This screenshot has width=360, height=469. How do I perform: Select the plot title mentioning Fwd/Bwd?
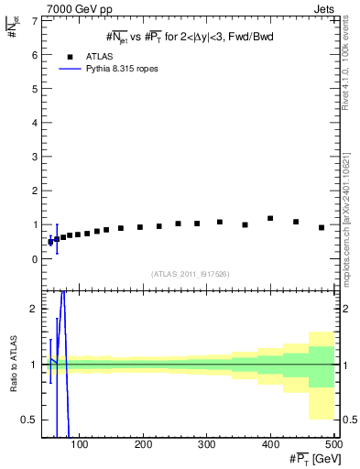point(190,36)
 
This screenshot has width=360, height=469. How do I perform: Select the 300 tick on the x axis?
point(270,444)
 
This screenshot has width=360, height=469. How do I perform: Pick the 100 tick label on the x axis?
point(80,444)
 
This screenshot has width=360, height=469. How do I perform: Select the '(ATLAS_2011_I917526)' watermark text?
point(190,274)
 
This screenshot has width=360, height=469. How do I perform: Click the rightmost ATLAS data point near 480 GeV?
point(322,227)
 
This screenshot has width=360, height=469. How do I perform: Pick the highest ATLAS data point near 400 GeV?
point(270,218)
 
